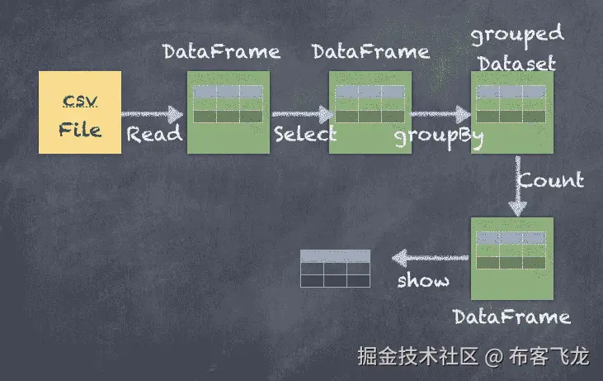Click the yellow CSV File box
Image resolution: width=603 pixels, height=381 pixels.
(x=80, y=112)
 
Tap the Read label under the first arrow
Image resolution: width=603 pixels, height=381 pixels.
(x=154, y=134)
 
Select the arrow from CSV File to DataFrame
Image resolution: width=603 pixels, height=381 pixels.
(x=153, y=113)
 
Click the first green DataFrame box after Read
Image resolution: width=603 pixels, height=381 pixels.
(x=228, y=112)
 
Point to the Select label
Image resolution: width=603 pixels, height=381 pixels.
(x=305, y=134)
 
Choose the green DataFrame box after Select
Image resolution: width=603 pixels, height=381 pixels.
(x=370, y=112)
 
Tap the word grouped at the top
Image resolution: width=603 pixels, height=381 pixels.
(x=517, y=35)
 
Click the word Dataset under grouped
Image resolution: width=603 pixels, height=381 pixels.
(x=517, y=63)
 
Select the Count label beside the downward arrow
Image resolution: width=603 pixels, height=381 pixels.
(x=551, y=179)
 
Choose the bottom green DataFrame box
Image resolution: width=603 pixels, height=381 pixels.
(x=511, y=258)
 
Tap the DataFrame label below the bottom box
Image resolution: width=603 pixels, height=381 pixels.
(x=511, y=317)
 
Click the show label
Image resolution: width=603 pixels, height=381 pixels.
(x=423, y=281)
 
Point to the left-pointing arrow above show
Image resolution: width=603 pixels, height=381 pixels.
(x=429, y=258)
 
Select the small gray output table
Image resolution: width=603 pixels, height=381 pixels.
(x=335, y=268)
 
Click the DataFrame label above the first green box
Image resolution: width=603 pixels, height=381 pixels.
(x=221, y=52)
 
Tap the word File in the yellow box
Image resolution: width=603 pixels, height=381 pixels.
(x=80, y=130)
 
